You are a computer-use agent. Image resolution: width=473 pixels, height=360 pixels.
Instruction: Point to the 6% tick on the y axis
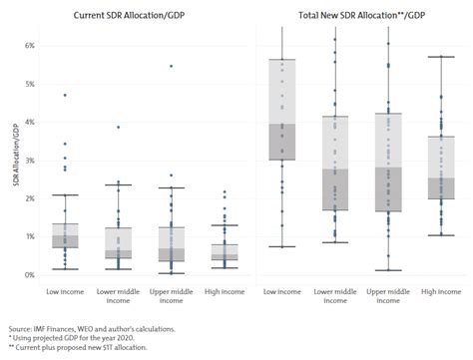pyautogui.click(x=30, y=46)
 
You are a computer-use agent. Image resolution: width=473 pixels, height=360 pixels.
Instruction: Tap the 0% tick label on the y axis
pyautogui.click(x=30, y=274)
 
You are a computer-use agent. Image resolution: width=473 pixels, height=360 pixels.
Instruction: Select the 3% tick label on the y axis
pyautogui.click(x=30, y=161)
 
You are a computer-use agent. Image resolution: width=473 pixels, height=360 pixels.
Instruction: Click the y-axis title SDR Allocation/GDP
pyautogui.click(x=14, y=160)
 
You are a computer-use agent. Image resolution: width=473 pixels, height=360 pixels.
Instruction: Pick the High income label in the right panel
pyautogui.click(x=434, y=291)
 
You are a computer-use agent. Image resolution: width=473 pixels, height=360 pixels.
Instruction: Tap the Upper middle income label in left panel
pyautogui.click(x=171, y=296)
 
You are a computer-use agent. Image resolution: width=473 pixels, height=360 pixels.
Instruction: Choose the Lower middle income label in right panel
pyautogui.click(x=333, y=296)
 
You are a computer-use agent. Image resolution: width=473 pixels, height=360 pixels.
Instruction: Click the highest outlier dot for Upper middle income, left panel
pyautogui.click(x=171, y=66)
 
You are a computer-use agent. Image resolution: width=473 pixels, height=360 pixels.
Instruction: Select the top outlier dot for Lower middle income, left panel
pyautogui.click(x=119, y=127)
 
